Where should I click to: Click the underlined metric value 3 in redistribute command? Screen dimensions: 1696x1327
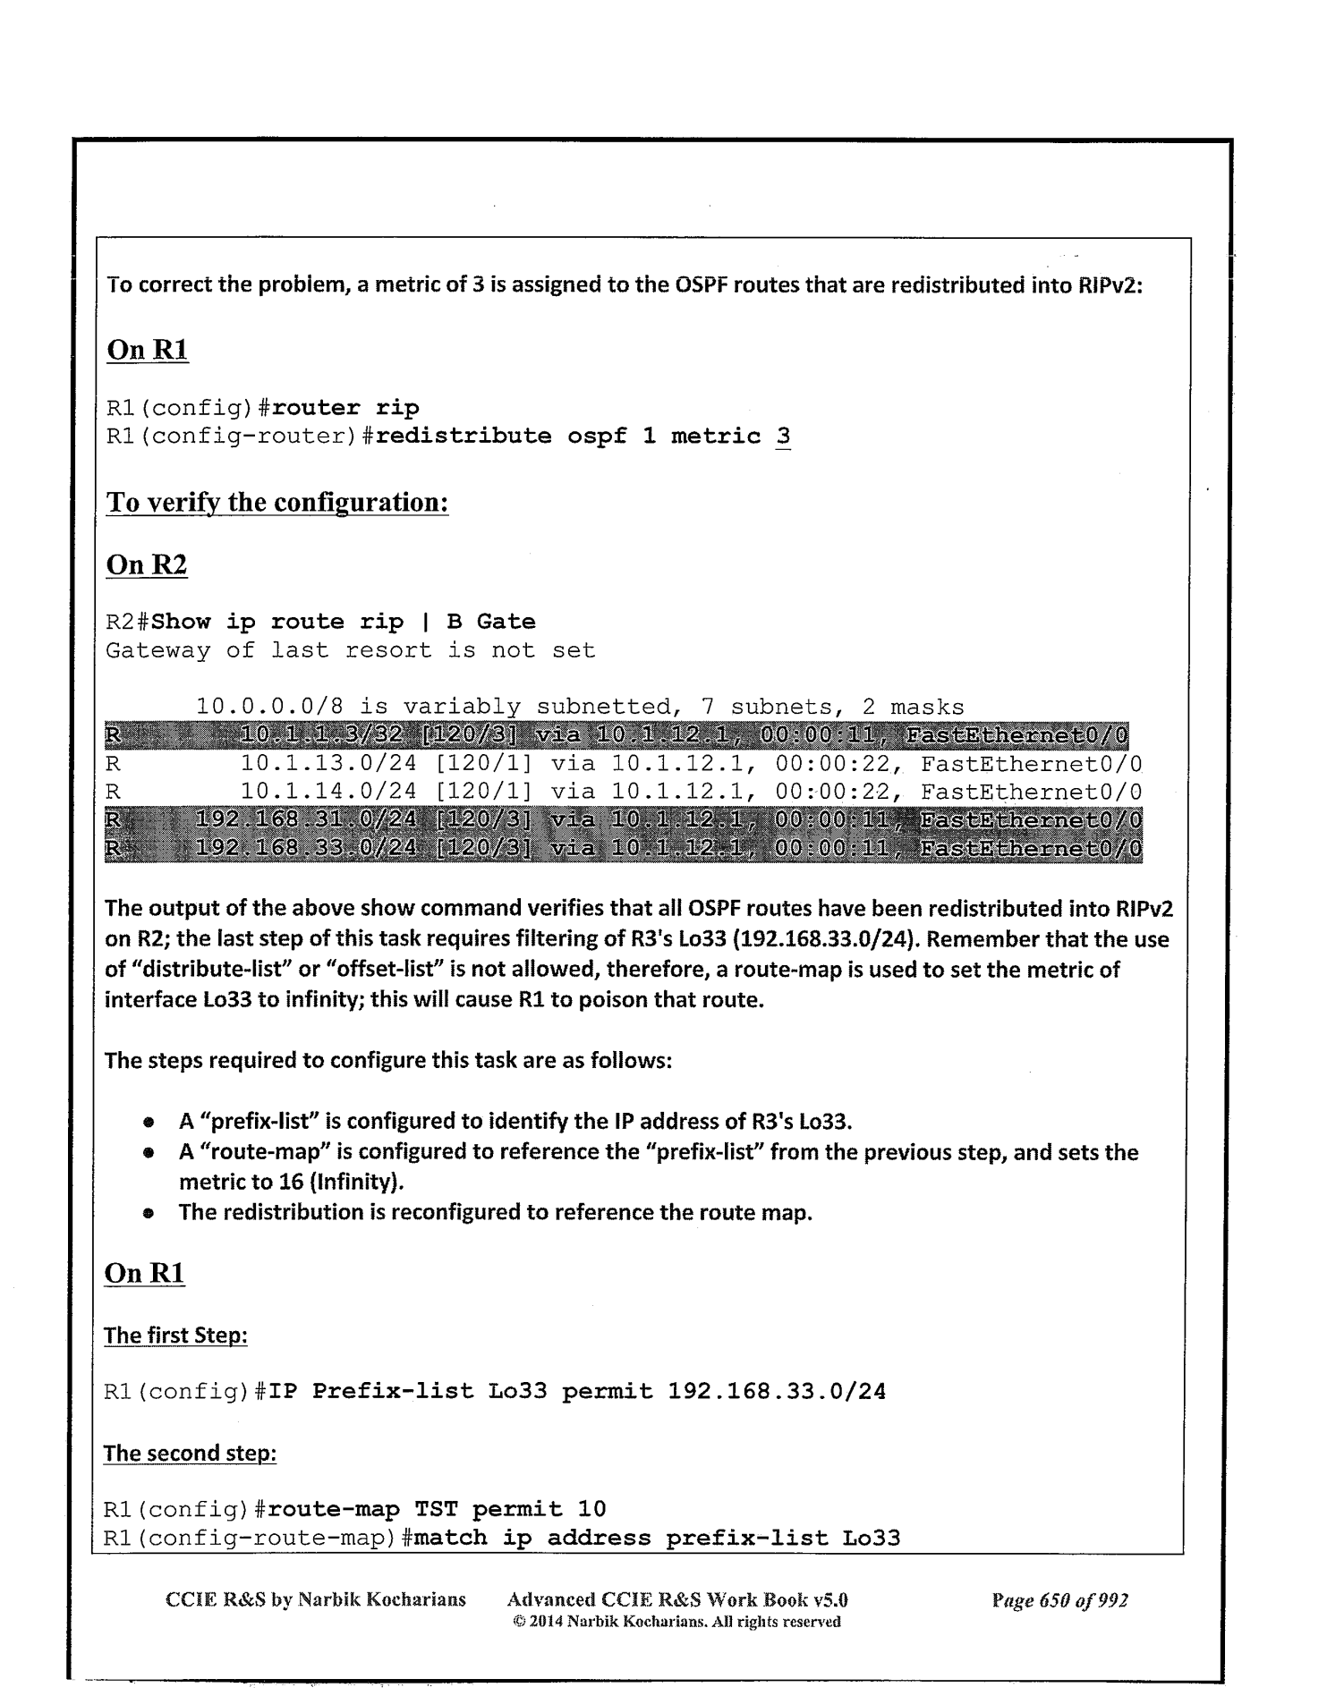coord(783,437)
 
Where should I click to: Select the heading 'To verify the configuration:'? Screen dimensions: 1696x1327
coord(276,502)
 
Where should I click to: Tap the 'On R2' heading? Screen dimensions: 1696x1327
coord(147,565)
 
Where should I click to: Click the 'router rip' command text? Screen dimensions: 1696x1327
coord(345,408)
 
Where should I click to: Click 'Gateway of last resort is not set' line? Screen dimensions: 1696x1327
coord(351,650)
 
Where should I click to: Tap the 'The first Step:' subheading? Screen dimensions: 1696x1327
coord(175,1336)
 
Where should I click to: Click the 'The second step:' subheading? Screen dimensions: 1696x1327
coord(190,1453)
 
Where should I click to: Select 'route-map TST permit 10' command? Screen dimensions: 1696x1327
coord(437,1509)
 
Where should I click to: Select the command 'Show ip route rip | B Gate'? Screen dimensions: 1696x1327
coord(345,622)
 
